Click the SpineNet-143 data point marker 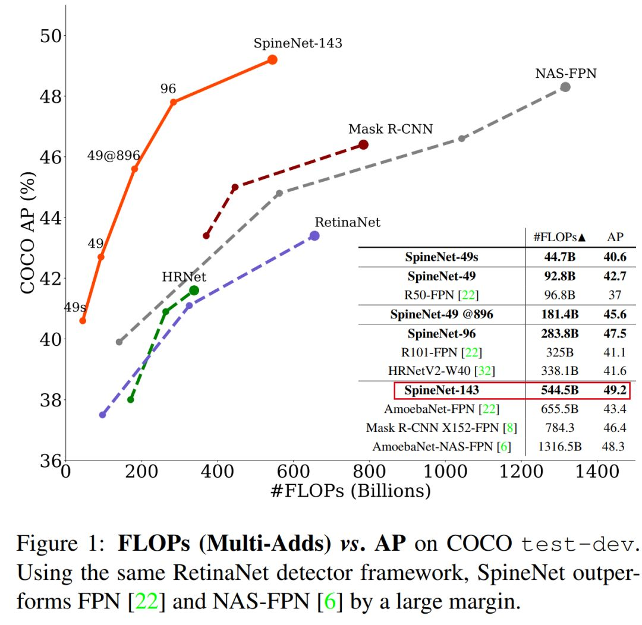pyautogui.click(x=272, y=59)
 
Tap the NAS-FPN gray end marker pyautogui.click(x=565, y=87)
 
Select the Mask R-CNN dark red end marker pyautogui.click(x=363, y=144)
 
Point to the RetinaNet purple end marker pyautogui.click(x=314, y=236)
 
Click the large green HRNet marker pyautogui.click(x=194, y=290)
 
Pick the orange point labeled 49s pyautogui.click(x=83, y=321)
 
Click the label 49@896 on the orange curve pyautogui.click(x=114, y=156)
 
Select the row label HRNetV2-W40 pyautogui.click(x=441, y=371)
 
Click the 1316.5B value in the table pyautogui.click(x=559, y=446)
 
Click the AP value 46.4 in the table pyautogui.click(x=615, y=427)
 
